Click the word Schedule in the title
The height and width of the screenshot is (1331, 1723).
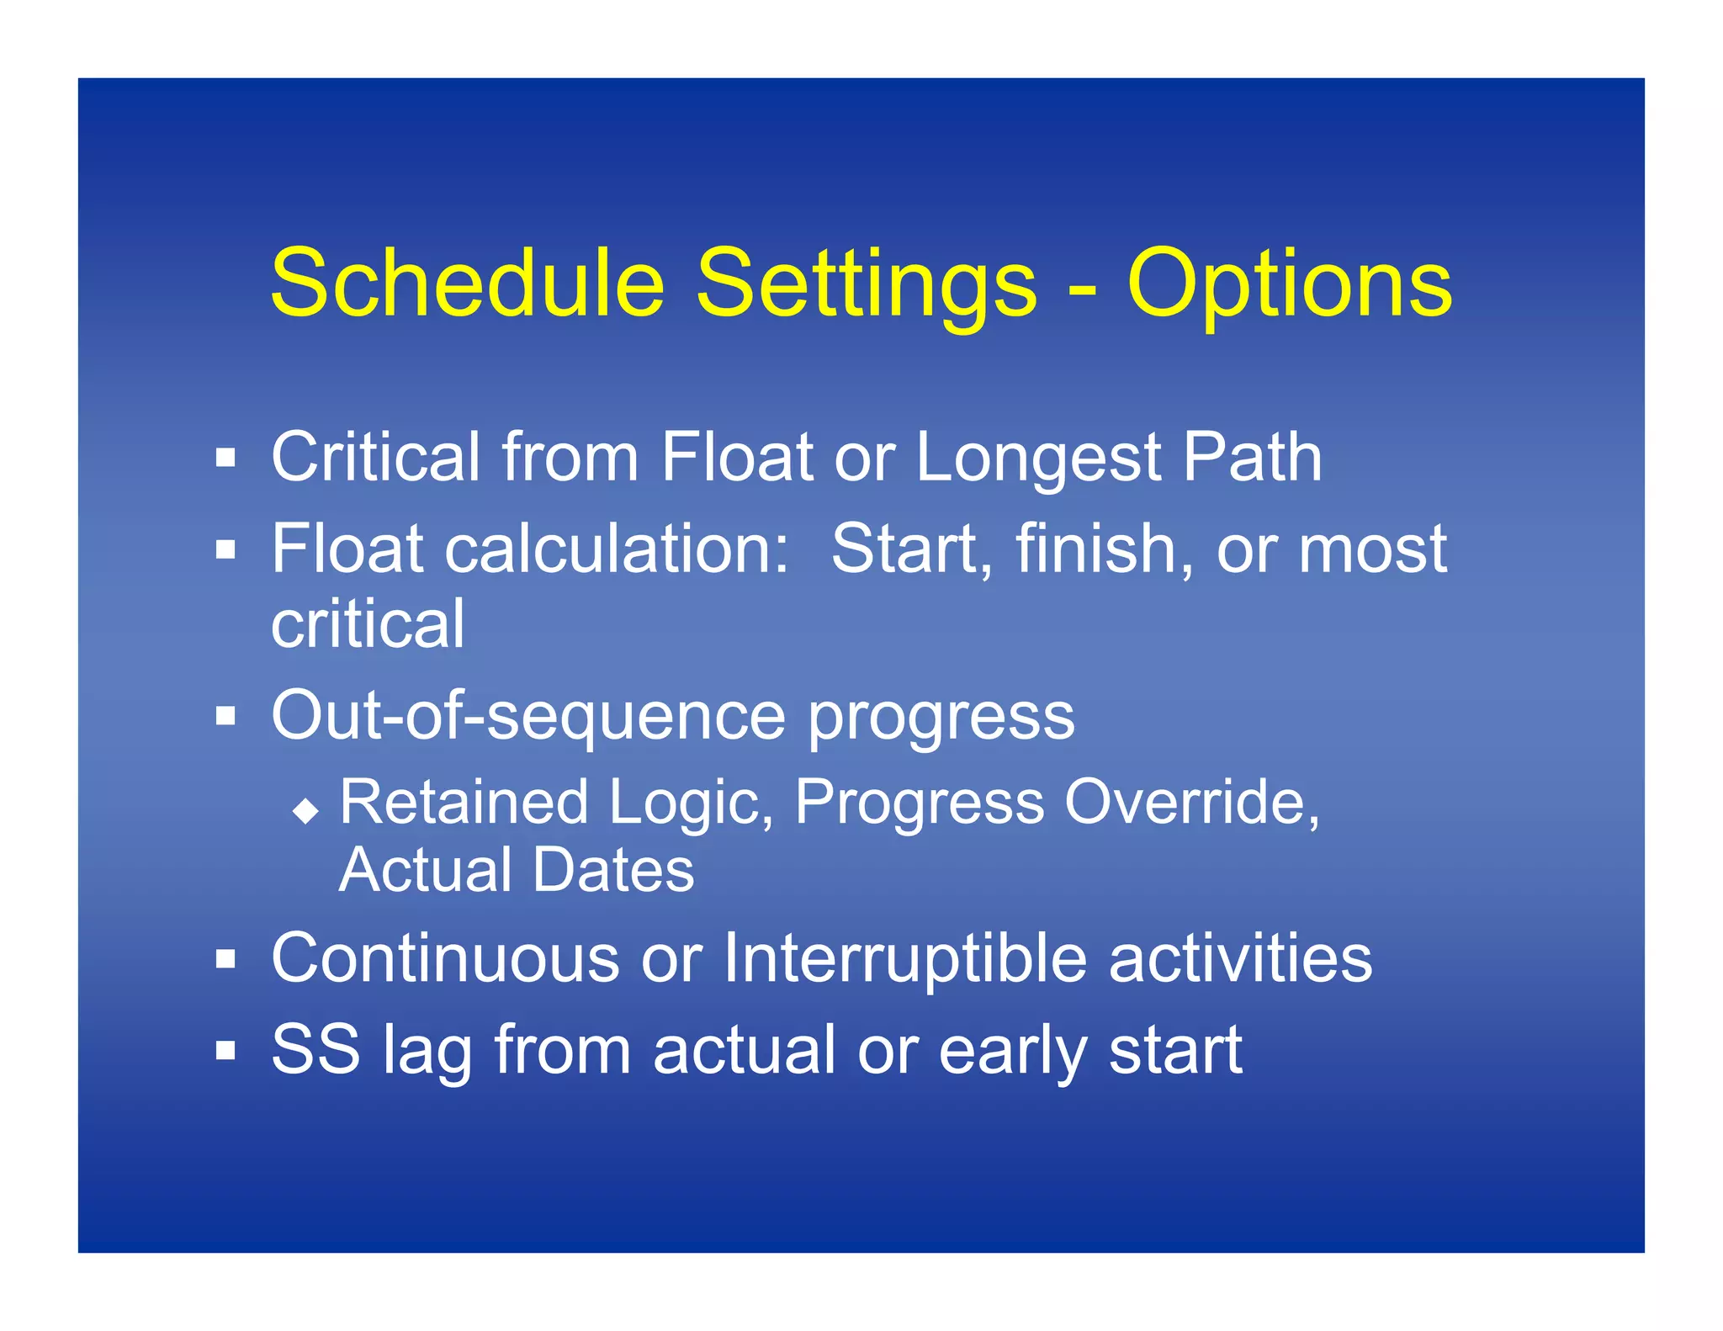(x=468, y=284)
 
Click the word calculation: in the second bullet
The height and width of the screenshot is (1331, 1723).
(x=617, y=549)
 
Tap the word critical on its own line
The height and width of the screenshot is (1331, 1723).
(x=368, y=623)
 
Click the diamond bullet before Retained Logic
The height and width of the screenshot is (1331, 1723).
(x=305, y=811)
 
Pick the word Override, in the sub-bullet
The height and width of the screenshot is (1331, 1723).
(x=1191, y=802)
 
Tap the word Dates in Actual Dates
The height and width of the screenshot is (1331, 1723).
(x=613, y=870)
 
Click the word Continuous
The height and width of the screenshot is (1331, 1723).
(x=445, y=958)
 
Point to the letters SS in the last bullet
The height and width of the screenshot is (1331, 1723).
(x=315, y=1049)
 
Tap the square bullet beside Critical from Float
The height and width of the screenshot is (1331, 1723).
(x=225, y=459)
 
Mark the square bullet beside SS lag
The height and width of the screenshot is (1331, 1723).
(x=225, y=1051)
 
